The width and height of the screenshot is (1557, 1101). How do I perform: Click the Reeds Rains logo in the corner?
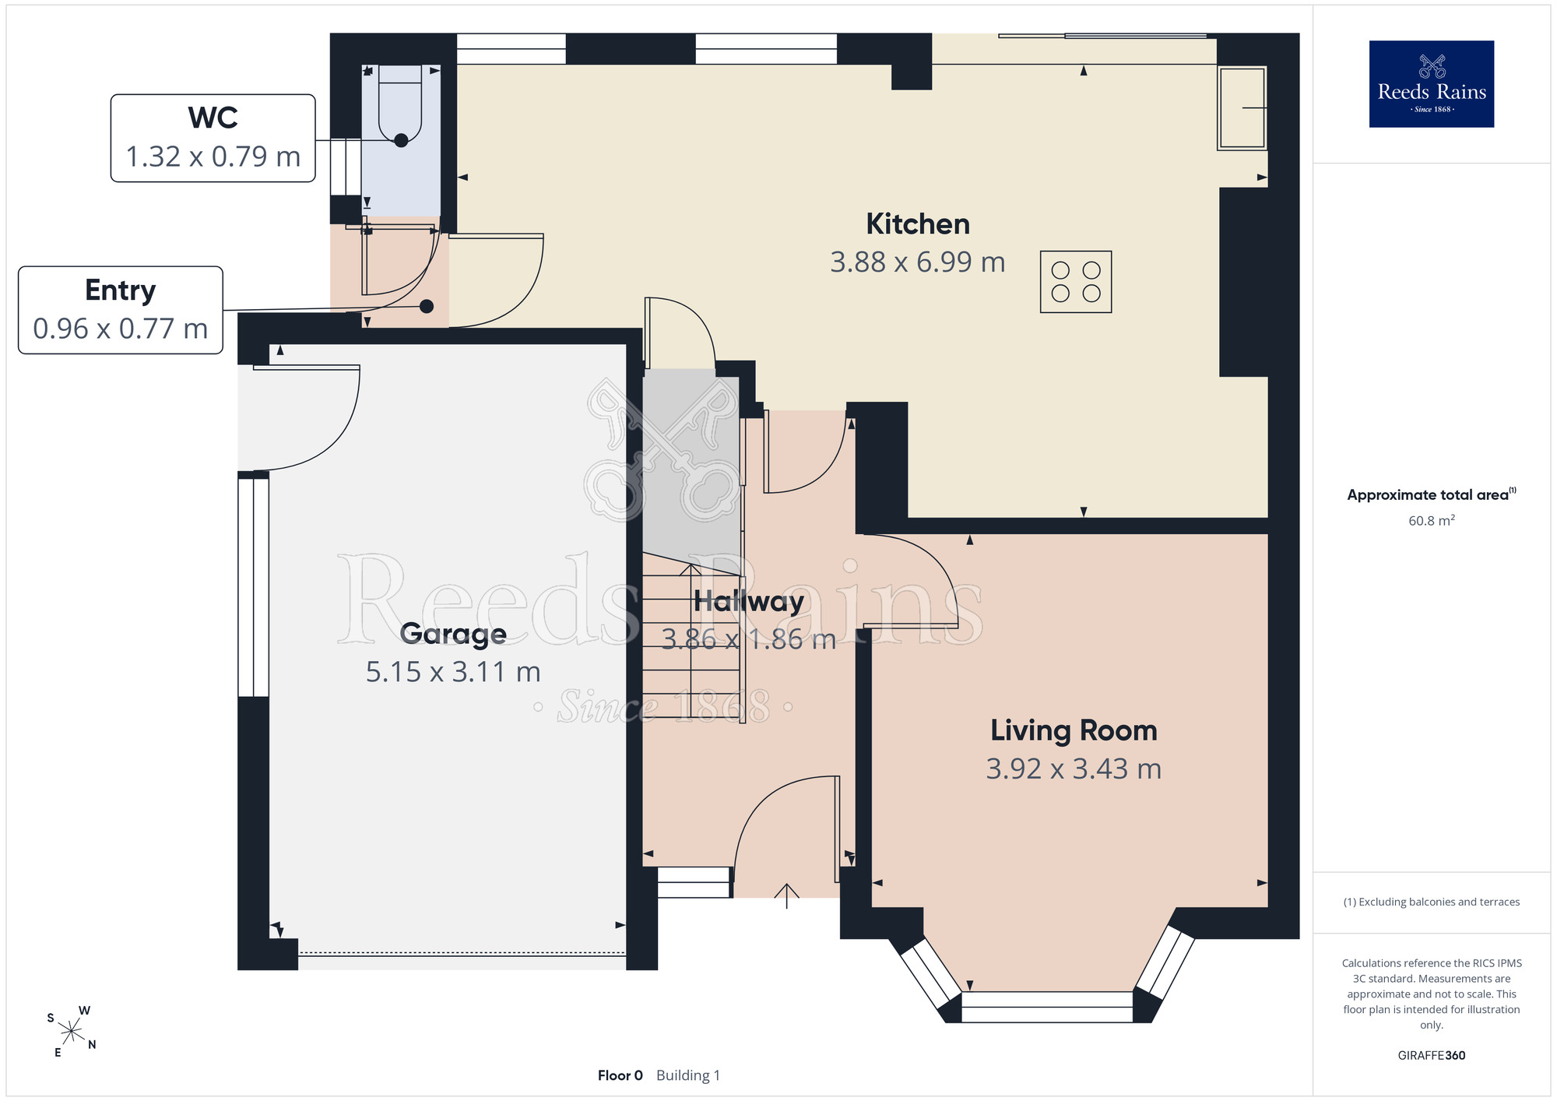pyautogui.click(x=1432, y=84)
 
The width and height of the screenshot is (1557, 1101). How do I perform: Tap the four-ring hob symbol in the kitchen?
pyautogui.click(x=1076, y=282)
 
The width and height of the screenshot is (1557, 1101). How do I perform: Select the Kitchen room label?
pyautogui.click(x=918, y=224)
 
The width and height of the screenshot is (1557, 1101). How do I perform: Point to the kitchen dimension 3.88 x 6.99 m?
pyautogui.click(x=918, y=262)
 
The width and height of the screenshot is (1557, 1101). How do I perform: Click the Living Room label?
pyautogui.click(x=1074, y=730)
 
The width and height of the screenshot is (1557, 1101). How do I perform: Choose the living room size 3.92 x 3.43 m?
pyautogui.click(x=1074, y=769)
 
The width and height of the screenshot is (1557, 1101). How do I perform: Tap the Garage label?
pyautogui.click(x=453, y=634)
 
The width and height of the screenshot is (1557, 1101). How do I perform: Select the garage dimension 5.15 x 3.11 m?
pyautogui.click(x=453, y=672)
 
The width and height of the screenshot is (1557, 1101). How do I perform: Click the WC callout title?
pyautogui.click(x=213, y=118)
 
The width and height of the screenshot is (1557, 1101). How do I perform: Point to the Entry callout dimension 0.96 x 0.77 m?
pyautogui.click(x=121, y=329)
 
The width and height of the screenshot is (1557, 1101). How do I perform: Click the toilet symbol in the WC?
pyautogui.click(x=400, y=103)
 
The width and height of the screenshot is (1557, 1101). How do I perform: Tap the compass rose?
pyautogui.click(x=71, y=1032)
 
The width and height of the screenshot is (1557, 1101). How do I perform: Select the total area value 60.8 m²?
pyautogui.click(x=1432, y=520)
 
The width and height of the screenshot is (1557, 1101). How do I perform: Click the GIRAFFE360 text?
pyautogui.click(x=1432, y=1056)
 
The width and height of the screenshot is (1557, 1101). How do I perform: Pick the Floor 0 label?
pyautogui.click(x=620, y=1075)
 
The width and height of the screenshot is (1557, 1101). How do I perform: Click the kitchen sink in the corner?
pyautogui.click(x=1242, y=107)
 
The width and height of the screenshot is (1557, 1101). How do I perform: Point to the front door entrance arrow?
pyautogui.click(x=787, y=896)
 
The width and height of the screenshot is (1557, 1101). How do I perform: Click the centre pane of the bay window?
pyautogui.click(x=1047, y=1007)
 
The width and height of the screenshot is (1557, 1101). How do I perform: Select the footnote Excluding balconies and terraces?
pyautogui.click(x=1432, y=902)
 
